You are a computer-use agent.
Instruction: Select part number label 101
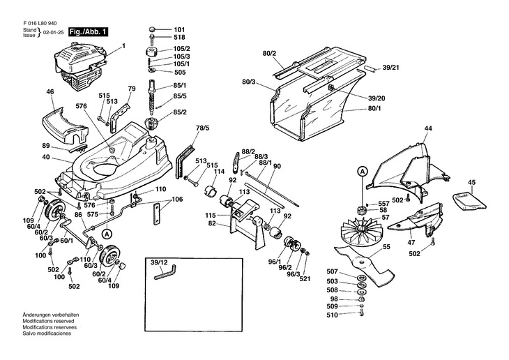(x=179, y=29)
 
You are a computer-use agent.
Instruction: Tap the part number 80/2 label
(x=270, y=53)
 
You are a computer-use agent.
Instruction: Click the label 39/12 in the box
(x=159, y=262)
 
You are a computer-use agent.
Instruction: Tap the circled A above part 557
(x=361, y=170)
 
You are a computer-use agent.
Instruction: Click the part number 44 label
(x=428, y=128)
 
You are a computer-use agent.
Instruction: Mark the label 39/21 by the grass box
(x=391, y=69)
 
